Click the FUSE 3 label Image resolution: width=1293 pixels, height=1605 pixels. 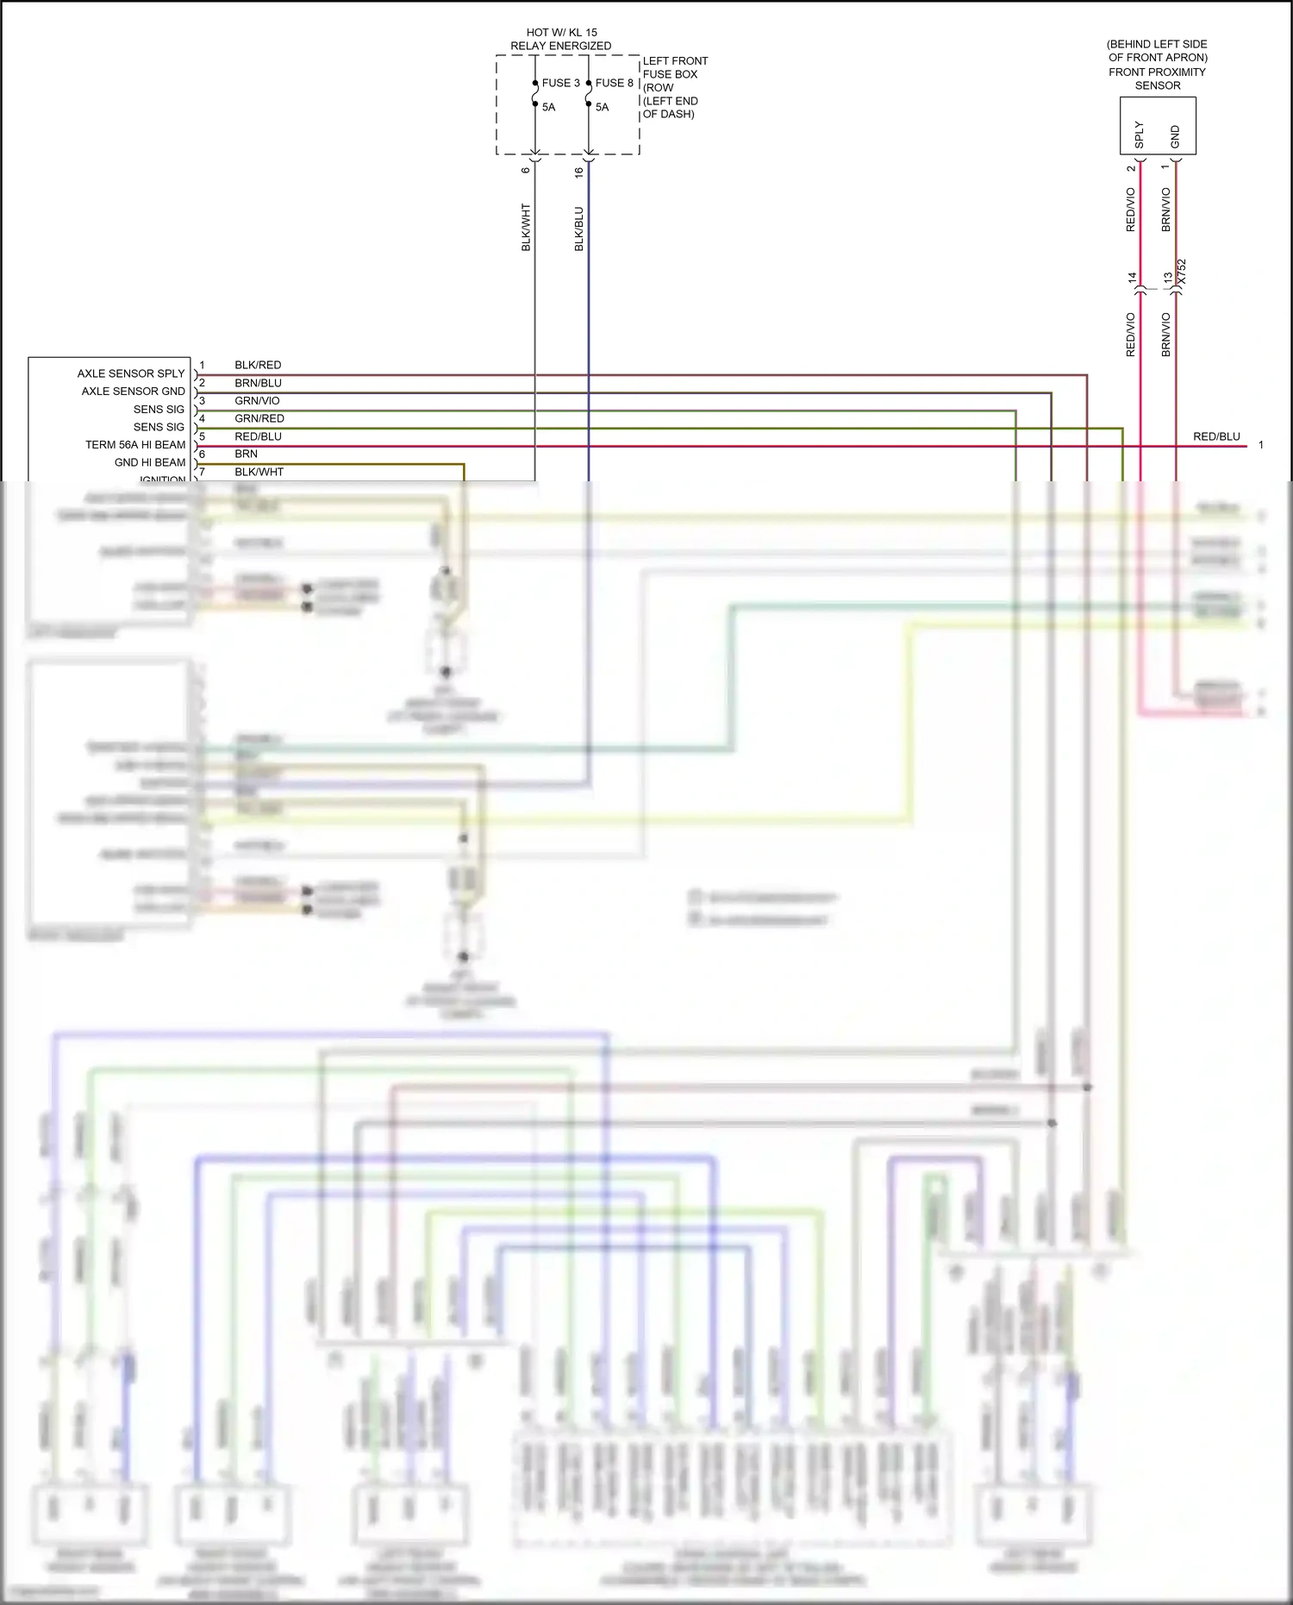click(x=560, y=83)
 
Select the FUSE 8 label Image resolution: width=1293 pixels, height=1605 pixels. click(x=614, y=83)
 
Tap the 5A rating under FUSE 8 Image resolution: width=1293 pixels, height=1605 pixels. click(x=602, y=107)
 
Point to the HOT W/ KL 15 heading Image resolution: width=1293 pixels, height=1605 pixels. click(x=561, y=33)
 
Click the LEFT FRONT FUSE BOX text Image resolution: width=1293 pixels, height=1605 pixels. click(x=675, y=67)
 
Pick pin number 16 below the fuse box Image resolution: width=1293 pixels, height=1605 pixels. click(x=578, y=171)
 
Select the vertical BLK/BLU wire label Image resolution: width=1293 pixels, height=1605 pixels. click(x=578, y=229)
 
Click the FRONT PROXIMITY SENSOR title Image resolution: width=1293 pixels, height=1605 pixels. click(x=1157, y=78)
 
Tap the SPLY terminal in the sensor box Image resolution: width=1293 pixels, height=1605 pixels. click(x=1139, y=135)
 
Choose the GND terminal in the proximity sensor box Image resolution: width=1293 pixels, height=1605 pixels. click(x=1175, y=136)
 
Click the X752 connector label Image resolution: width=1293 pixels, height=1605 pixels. click(x=1181, y=272)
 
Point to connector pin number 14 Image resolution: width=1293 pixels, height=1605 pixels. click(x=1132, y=278)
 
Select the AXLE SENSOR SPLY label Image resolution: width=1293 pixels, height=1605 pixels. click(x=131, y=373)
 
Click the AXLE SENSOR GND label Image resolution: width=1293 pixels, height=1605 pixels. click(x=133, y=391)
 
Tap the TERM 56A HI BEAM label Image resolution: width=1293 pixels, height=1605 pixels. click(x=135, y=444)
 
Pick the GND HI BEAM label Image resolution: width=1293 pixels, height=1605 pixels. click(x=150, y=462)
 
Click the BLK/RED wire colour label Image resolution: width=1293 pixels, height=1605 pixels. click(x=258, y=365)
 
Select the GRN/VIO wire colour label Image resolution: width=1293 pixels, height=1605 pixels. click(x=257, y=400)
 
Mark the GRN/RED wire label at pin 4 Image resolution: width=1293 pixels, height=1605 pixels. click(x=259, y=418)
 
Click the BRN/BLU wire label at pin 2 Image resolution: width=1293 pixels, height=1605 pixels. click(x=258, y=383)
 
